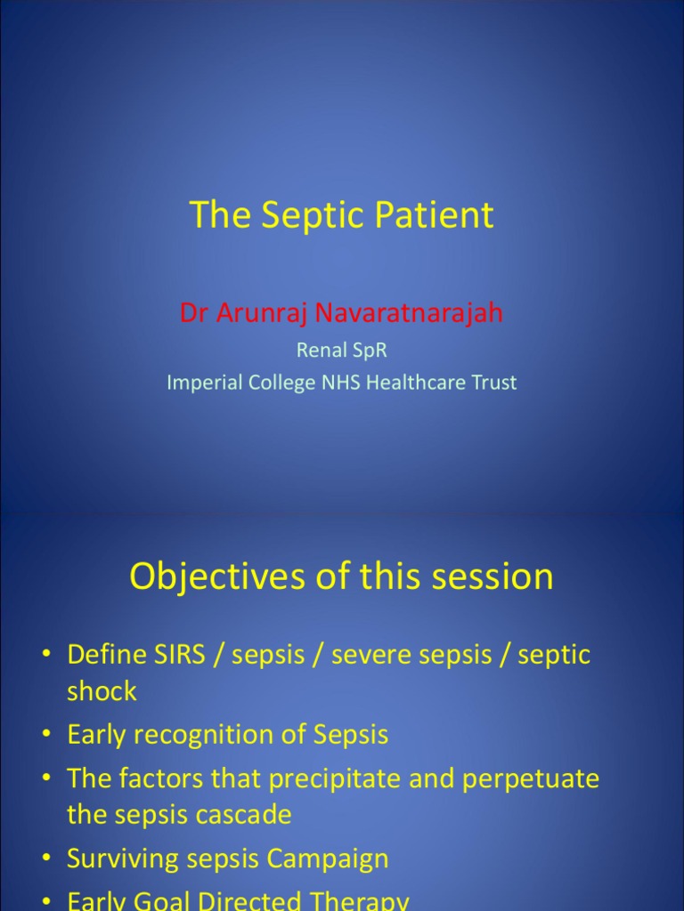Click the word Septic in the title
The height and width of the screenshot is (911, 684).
tap(299, 216)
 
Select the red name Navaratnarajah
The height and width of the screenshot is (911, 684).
tap(410, 313)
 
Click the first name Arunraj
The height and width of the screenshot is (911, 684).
tap(262, 313)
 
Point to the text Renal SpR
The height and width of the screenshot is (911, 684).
tap(342, 351)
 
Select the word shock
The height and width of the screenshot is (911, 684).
tap(102, 692)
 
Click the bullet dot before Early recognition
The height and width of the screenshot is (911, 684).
tap(45, 736)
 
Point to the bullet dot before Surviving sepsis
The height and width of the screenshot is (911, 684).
tap(45, 859)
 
